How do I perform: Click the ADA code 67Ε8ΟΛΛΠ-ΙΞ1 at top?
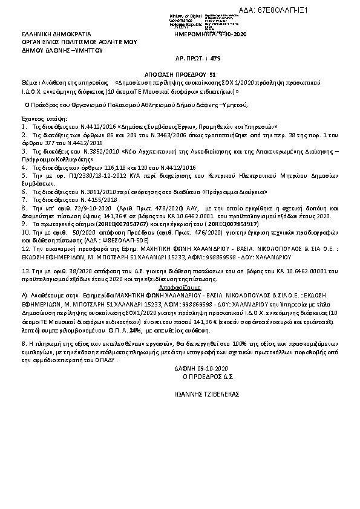[x=309, y=10]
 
